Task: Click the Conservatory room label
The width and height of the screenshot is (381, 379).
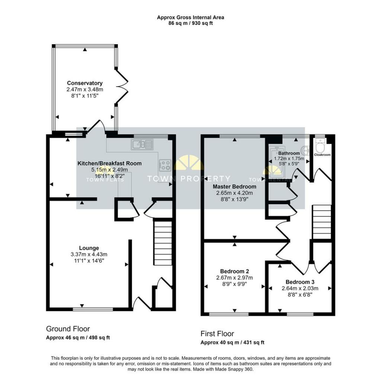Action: (85, 83)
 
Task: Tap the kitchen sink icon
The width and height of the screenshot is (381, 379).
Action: (142, 144)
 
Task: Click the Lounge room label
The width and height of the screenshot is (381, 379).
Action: (89, 248)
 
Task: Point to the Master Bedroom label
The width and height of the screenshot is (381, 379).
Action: (234, 186)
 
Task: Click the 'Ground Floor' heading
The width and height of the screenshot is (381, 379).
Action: (68, 329)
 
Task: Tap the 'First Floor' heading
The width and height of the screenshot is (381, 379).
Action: (217, 334)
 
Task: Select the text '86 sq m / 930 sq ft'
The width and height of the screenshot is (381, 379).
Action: (190, 23)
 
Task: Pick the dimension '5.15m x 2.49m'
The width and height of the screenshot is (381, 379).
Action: (109, 170)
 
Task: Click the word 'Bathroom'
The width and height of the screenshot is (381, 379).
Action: (289, 153)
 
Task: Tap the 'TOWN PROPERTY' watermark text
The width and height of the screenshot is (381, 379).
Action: (189, 179)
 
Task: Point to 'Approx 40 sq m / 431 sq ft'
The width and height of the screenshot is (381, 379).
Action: (232, 343)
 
